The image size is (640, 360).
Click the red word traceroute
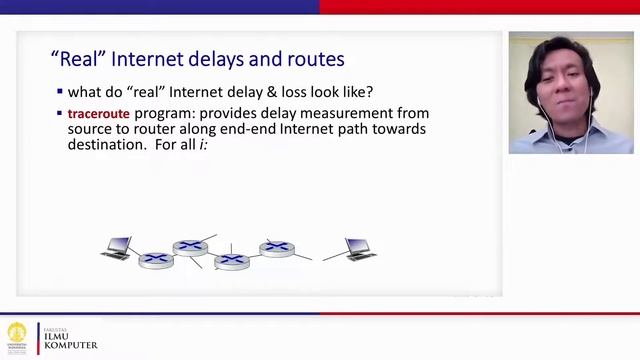click(x=99, y=114)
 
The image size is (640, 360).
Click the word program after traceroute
click(x=162, y=114)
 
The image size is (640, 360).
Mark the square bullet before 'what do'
click(x=60, y=91)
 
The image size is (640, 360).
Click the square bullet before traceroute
click(x=60, y=113)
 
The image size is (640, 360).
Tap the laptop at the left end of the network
click(x=117, y=248)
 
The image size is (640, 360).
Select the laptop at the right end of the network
click(x=359, y=248)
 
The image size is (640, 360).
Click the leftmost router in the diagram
click(x=156, y=258)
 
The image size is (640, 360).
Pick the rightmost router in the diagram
click(x=277, y=248)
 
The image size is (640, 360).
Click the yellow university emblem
click(x=17, y=334)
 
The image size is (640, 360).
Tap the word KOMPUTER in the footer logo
click(x=70, y=345)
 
